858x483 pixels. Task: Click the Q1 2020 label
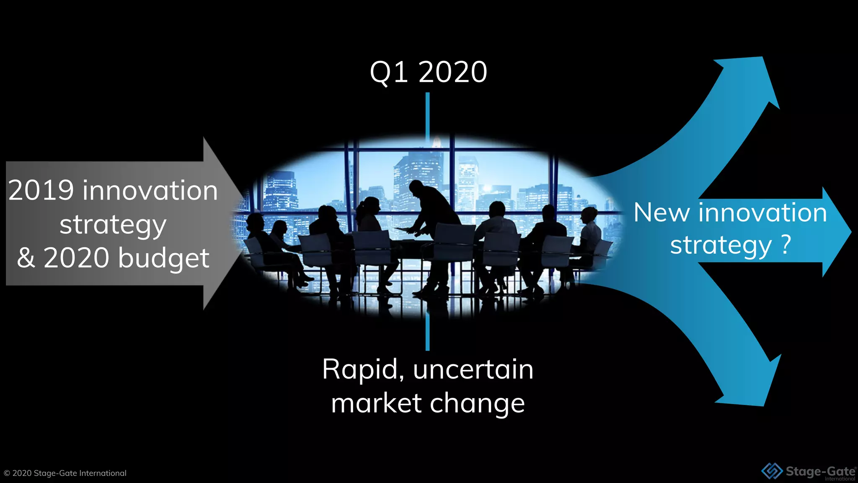tap(428, 72)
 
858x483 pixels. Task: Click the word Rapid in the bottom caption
tap(360, 369)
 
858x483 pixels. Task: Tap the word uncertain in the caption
tap(473, 369)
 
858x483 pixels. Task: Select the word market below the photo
tap(376, 403)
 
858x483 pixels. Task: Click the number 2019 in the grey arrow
tap(41, 190)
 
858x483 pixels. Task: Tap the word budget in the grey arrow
tap(164, 258)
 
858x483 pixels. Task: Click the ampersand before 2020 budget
tap(26, 258)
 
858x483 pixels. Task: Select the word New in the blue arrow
tap(662, 213)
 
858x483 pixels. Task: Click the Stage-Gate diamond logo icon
tap(772, 471)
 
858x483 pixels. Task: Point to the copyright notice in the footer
tap(65, 473)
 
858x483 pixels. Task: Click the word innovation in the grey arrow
tap(150, 190)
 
